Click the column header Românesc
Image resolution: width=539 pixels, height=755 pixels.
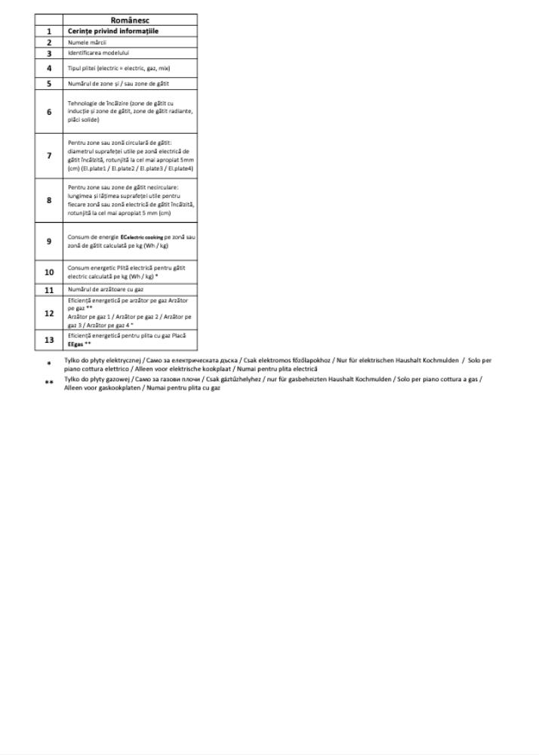pyautogui.click(x=130, y=20)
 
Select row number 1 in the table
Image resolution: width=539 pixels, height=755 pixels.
pyautogui.click(x=49, y=31)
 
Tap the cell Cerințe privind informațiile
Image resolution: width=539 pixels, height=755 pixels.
pyautogui.click(x=113, y=31)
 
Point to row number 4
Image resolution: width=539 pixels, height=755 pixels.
pyautogui.click(x=49, y=68)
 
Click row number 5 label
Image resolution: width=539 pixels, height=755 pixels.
pyautogui.click(x=49, y=84)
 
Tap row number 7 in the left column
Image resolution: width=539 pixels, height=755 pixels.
pyautogui.click(x=49, y=156)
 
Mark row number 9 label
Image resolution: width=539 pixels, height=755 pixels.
pyautogui.click(x=49, y=242)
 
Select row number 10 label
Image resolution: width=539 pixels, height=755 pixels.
pyautogui.click(x=49, y=272)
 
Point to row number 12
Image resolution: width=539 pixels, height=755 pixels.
pyautogui.click(x=49, y=313)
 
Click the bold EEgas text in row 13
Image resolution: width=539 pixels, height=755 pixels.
pyautogui.click(x=74, y=344)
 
